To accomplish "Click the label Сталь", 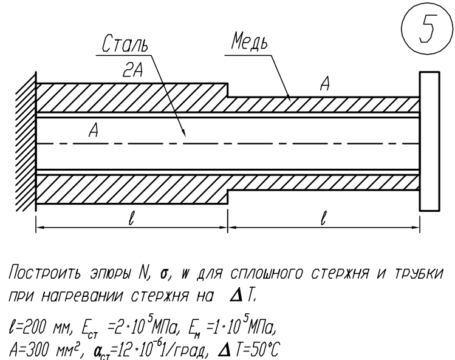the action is click(x=125, y=44).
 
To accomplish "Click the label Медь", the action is click(x=250, y=41).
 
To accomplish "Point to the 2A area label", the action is click(x=133, y=70).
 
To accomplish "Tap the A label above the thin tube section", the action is click(x=325, y=84).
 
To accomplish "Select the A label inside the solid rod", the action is click(x=94, y=130).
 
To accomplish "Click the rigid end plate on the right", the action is click(x=429, y=141).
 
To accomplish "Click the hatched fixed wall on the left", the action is click(x=26, y=142).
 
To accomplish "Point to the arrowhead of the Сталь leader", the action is click(x=184, y=134).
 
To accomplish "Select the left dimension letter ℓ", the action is click(x=131, y=218).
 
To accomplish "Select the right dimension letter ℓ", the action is click(x=324, y=218).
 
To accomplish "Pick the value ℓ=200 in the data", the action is click(x=27, y=328).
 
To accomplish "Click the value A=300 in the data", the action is click(x=27, y=350).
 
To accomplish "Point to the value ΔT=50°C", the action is click(x=248, y=350).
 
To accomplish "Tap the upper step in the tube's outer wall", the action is click(x=227, y=90).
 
